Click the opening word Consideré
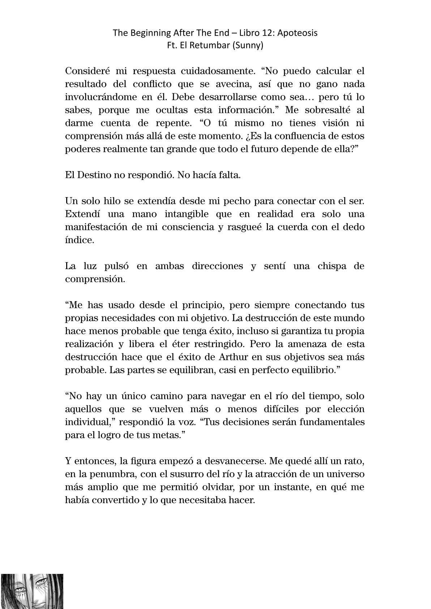(88, 71)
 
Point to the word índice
(80, 240)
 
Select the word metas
(167, 435)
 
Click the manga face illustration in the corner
(32, 591)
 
